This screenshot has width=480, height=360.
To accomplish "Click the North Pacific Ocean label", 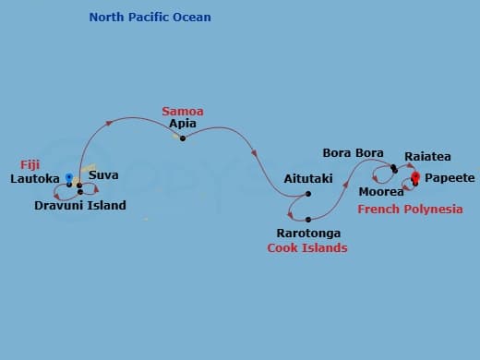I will (x=149, y=18).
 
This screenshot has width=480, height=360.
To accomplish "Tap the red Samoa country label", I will (x=183, y=112).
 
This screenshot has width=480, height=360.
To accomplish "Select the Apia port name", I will (x=183, y=125).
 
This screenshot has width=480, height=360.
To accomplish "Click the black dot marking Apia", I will (x=183, y=138).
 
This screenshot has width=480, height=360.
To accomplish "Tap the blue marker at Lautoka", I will (x=69, y=176).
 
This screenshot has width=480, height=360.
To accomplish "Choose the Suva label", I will (x=102, y=174).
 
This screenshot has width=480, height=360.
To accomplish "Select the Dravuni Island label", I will (x=80, y=205).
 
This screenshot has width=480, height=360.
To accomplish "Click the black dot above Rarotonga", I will (x=307, y=219).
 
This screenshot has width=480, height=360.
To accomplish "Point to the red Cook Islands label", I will (x=307, y=247).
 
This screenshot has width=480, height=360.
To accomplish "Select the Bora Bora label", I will (x=353, y=152).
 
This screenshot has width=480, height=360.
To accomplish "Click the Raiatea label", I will (x=427, y=157).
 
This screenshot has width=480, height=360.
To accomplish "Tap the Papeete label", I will (x=450, y=177).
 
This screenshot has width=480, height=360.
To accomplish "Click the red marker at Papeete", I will (x=415, y=177).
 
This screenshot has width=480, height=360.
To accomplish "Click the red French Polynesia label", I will (x=410, y=210).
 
